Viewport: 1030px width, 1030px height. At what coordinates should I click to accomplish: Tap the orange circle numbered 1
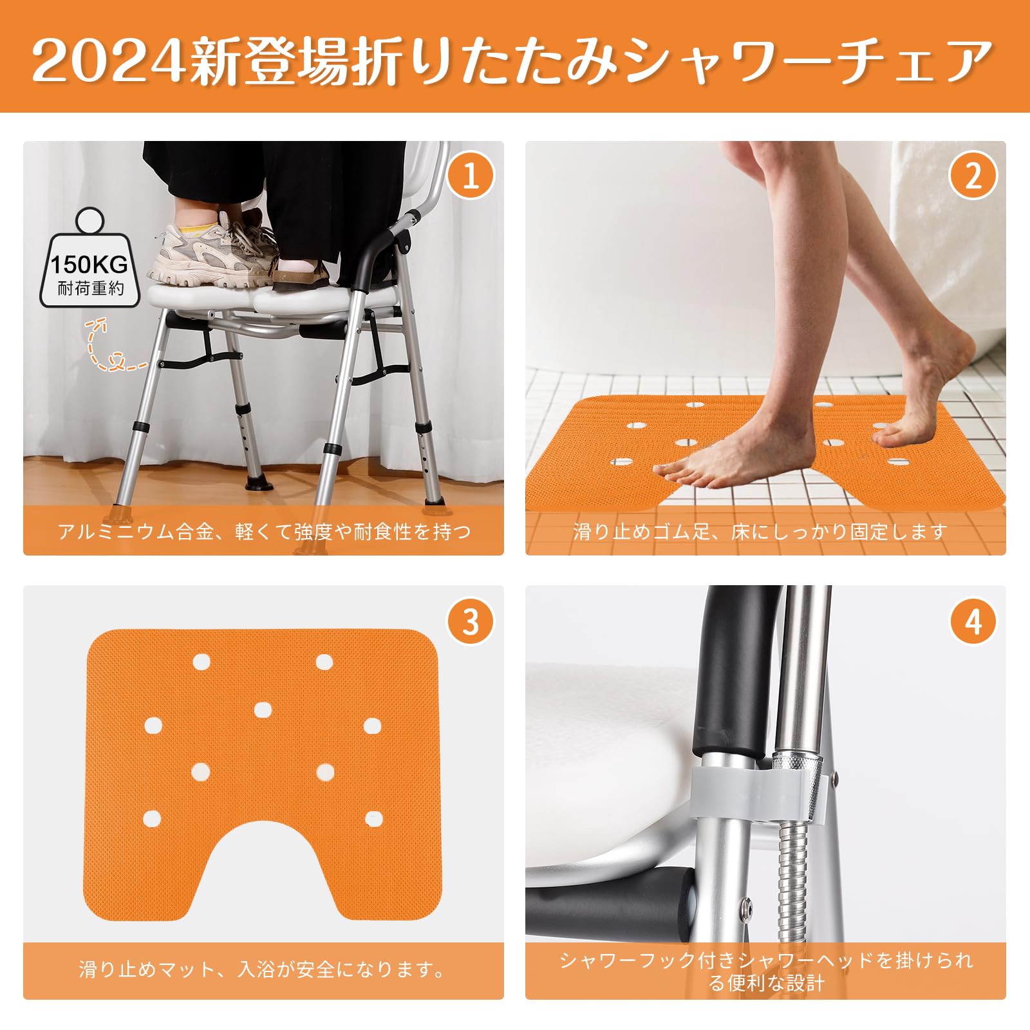pyautogui.click(x=471, y=175)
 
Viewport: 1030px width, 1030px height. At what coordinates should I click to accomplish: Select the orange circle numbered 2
pyautogui.click(x=973, y=175)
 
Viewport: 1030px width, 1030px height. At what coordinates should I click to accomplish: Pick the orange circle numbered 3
pyautogui.click(x=471, y=622)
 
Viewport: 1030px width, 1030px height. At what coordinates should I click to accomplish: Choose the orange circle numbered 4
pyautogui.click(x=973, y=622)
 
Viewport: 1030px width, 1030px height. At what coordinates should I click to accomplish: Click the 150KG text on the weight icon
pyautogui.click(x=89, y=265)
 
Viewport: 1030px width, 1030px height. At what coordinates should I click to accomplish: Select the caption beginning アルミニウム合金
pyautogui.click(x=264, y=532)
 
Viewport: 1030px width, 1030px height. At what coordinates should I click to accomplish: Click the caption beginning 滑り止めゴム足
pyautogui.click(x=760, y=532)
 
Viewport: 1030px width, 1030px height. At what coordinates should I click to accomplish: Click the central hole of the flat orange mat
pyautogui.click(x=262, y=710)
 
